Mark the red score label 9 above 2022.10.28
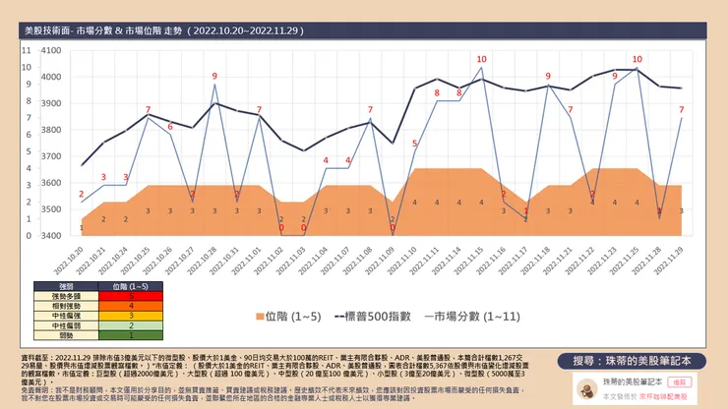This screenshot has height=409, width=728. point(214,76)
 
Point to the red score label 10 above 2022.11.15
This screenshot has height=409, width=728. point(481,59)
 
